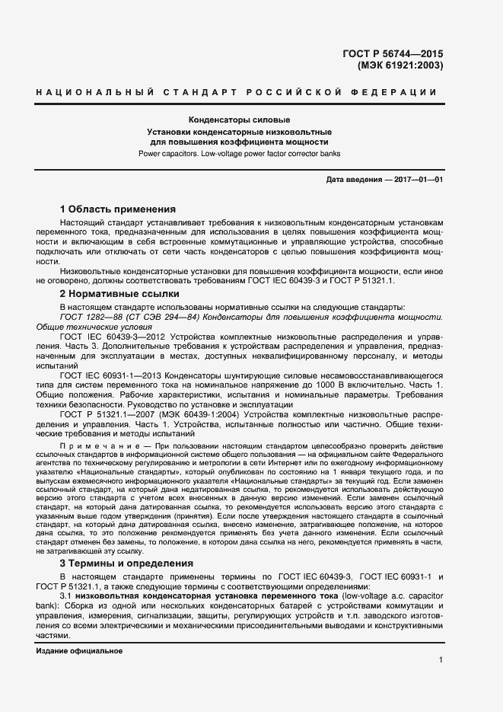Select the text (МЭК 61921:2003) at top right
(400, 65)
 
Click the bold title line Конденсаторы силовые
(239, 120)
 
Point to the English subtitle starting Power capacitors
(239, 153)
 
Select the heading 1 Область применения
(117, 209)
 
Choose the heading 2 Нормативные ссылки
(119, 293)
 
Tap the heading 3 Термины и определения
(126, 564)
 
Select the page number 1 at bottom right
(441, 659)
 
